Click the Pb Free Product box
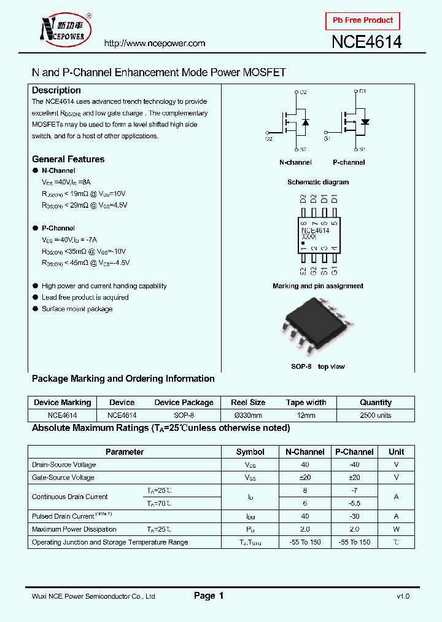click(x=362, y=21)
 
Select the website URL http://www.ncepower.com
click(x=154, y=43)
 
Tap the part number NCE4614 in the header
click(x=366, y=42)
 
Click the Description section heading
click(x=56, y=90)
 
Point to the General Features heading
click(x=68, y=159)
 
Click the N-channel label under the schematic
click(x=295, y=162)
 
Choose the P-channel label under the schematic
click(x=349, y=162)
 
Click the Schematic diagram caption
click(x=318, y=182)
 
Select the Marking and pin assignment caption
click(x=318, y=286)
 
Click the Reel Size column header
click(x=248, y=403)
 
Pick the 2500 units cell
click(x=376, y=415)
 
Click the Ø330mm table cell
click(x=248, y=415)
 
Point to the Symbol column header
click(x=250, y=452)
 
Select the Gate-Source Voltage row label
click(x=63, y=478)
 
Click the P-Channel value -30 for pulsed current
click(x=354, y=516)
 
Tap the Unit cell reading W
click(x=396, y=529)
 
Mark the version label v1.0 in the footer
click(x=403, y=596)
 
